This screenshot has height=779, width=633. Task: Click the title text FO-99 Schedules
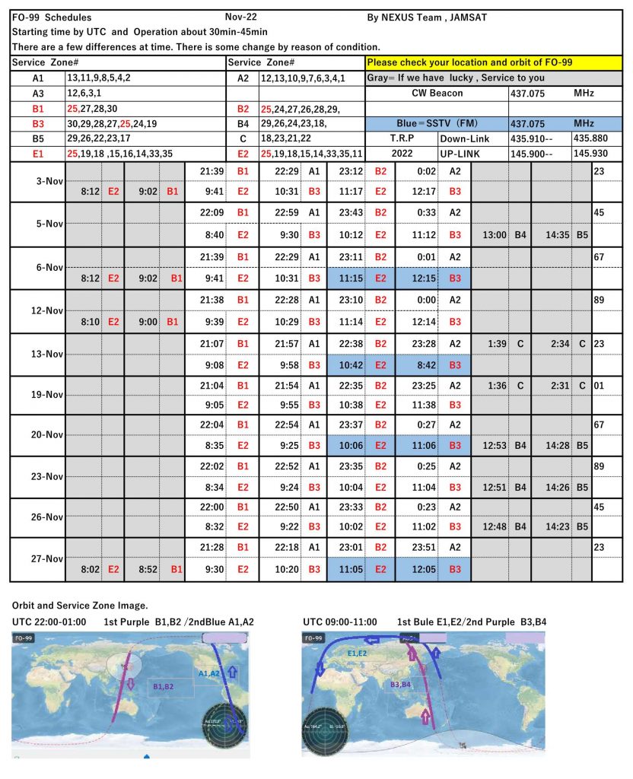click(52, 17)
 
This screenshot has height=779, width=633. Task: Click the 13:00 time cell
click(495, 235)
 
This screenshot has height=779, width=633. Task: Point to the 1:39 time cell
click(495, 344)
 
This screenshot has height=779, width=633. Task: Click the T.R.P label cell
click(401, 139)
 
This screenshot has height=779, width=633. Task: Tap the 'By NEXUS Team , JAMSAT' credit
click(428, 17)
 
